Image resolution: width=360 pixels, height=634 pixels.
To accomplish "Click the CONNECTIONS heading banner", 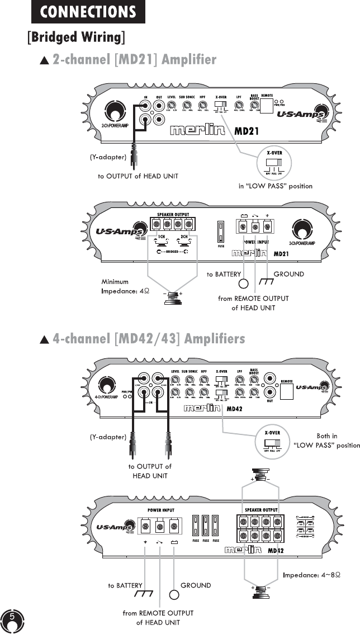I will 88,12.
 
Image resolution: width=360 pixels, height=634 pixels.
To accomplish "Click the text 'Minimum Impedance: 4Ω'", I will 125,286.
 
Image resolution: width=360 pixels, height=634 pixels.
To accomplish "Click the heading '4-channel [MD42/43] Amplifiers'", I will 148,339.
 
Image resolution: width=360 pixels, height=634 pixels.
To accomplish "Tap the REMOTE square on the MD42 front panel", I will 287,391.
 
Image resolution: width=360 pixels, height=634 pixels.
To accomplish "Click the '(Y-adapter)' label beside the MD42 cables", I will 107,437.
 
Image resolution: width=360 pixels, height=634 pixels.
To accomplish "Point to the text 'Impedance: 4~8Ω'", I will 312,575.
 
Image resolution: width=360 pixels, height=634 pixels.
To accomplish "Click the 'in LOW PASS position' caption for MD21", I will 273,186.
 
